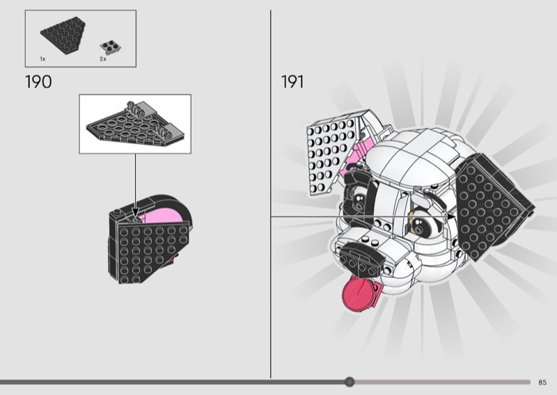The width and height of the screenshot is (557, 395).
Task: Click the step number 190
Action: (38, 82)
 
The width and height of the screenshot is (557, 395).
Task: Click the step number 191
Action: (292, 82)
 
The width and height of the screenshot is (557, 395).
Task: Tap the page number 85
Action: (542, 382)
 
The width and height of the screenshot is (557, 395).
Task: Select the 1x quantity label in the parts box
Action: (43, 60)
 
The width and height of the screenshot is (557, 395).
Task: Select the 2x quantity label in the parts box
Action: (102, 60)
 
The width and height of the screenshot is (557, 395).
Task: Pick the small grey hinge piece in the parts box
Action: (109, 47)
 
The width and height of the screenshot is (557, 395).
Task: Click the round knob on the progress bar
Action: (350, 382)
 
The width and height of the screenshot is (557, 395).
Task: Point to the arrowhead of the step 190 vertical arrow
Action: (135, 211)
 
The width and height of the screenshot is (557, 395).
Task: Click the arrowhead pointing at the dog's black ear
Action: (452, 217)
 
